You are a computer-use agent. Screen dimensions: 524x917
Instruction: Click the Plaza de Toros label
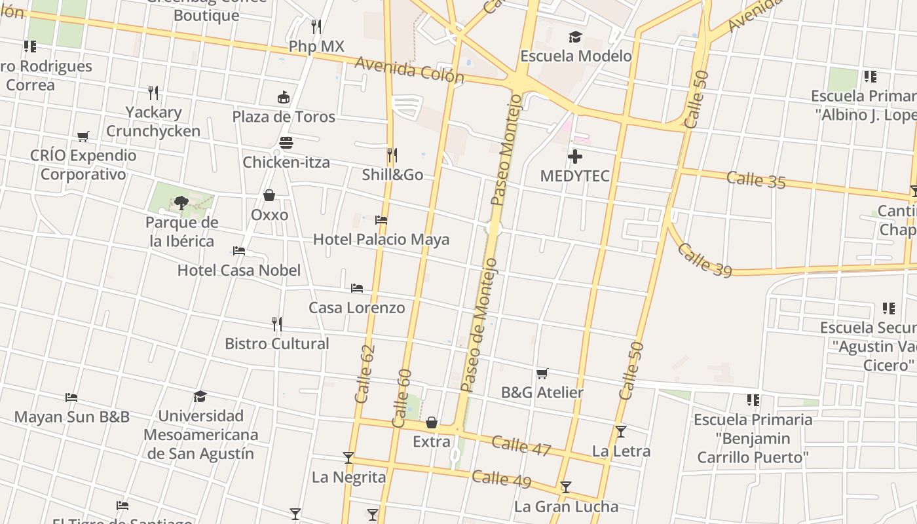click(x=284, y=117)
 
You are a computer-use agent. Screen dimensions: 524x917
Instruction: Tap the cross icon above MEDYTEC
click(x=574, y=157)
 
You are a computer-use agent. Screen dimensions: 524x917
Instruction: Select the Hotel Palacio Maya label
click(x=381, y=239)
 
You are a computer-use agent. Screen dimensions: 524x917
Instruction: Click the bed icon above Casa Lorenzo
click(x=357, y=288)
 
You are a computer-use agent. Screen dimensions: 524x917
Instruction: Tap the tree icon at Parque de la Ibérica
click(x=181, y=202)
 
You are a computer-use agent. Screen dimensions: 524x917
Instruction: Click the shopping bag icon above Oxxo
click(x=269, y=195)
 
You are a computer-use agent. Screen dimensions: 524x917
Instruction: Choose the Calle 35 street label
click(x=756, y=179)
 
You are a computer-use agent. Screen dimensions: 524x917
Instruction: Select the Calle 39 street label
click(x=704, y=260)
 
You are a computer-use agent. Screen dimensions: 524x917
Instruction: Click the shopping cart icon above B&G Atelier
click(x=542, y=373)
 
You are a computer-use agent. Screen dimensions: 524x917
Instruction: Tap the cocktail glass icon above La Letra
click(x=620, y=432)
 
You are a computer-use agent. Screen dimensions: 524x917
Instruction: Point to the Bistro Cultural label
click(x=277, y=344)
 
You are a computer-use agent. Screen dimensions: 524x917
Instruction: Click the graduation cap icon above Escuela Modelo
click(x=575, y=37)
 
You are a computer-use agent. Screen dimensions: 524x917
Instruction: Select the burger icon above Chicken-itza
click(x=286, y=142)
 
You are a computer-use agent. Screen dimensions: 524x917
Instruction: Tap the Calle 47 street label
click(x=521, y=445)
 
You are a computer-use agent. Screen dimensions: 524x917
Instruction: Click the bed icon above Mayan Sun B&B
click(x=71, y=398)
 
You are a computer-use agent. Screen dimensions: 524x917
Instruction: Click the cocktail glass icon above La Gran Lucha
click(x=565, y=487)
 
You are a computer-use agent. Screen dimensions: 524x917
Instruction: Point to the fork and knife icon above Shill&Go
click(x=392, y=155)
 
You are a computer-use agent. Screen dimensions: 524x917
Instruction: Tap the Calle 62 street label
click(x=364, y=374)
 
